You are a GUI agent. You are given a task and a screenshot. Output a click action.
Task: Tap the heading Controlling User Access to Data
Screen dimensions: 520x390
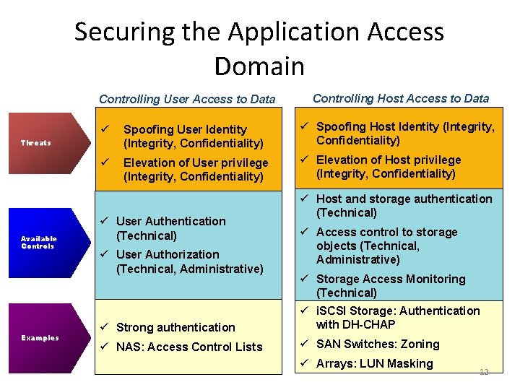[187, 99]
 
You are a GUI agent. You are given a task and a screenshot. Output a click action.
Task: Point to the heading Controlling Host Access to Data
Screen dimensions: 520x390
[401, 98]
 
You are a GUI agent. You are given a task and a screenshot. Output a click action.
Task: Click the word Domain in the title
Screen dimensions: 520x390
[259, 66]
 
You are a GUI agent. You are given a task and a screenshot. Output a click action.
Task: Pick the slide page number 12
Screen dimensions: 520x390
[484, 371]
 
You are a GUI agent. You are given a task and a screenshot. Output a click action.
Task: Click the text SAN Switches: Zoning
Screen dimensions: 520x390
[378, 344]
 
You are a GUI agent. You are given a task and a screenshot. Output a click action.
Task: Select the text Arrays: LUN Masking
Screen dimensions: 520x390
[374, 364]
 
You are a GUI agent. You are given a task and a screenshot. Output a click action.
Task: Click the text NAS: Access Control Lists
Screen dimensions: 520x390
[189, 347]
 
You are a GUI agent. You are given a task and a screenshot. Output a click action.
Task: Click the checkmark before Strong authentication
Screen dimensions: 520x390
[104, 327]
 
